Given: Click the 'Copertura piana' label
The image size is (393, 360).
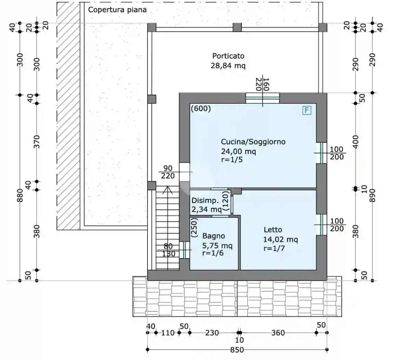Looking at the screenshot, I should coord(117,10).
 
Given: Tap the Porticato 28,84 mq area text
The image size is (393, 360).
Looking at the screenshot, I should coord(228,65).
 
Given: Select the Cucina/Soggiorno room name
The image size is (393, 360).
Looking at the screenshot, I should coord(253,142).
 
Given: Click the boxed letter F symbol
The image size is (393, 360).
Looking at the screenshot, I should coord(307,110).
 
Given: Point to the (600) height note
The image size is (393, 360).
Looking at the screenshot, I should coord(201,109).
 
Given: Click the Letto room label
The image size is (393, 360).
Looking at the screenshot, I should coord(273,230).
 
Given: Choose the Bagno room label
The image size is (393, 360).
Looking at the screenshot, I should coord(214,236).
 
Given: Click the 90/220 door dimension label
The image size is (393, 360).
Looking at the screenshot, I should coord(168,172).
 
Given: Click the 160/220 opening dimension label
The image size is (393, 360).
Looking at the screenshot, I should coord(263,84).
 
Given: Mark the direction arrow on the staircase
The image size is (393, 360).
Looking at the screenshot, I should coord(167,191).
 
